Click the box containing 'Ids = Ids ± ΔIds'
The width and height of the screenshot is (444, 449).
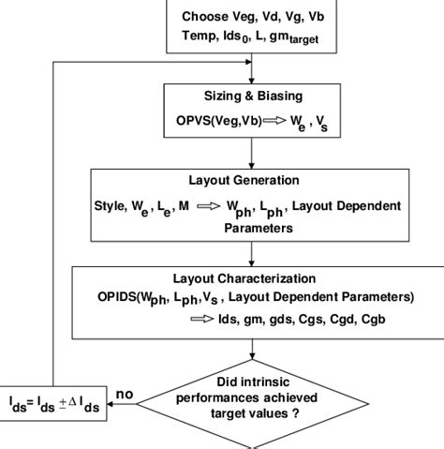(x=55, y=403)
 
